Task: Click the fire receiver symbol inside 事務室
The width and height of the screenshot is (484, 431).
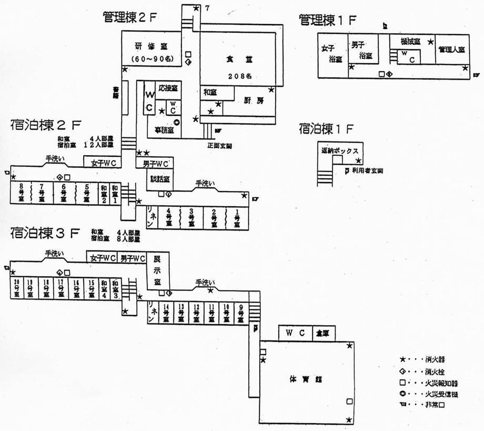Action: [177, 122]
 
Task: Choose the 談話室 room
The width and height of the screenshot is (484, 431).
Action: [158, 179]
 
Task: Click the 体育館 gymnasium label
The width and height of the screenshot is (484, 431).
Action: [301, 378]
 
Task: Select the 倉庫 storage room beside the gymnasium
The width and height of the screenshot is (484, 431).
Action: [322, 333]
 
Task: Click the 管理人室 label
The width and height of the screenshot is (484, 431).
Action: [451, 49]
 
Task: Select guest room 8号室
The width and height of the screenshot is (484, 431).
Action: [21, 193]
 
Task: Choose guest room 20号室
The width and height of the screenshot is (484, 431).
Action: [17, 287]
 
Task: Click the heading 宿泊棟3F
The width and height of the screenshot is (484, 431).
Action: [45, 232]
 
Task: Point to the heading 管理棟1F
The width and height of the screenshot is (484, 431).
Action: [328, 20]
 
